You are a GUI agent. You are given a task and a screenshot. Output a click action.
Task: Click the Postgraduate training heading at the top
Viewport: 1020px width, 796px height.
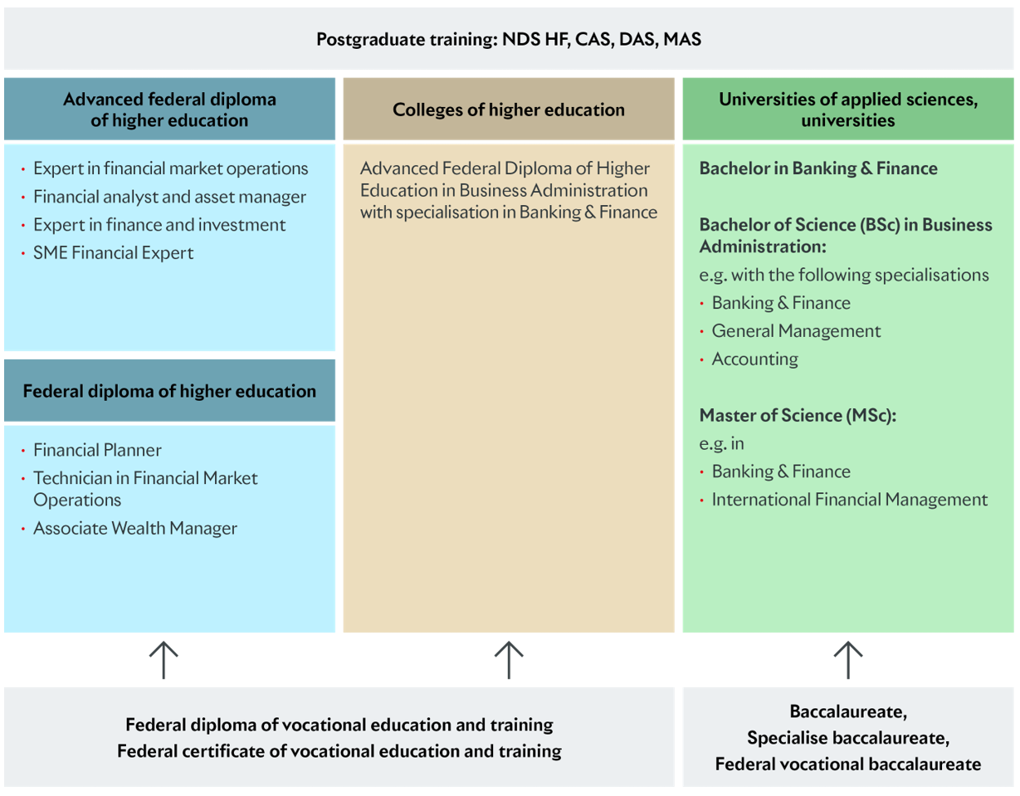pyautogui.click(x=509, y=39)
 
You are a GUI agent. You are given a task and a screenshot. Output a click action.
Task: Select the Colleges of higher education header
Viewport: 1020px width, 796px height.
pyautogui.click(x=508, y=110)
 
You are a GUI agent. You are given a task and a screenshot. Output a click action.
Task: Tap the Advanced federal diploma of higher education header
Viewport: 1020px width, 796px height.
pyautogui.click(x=170, y=110)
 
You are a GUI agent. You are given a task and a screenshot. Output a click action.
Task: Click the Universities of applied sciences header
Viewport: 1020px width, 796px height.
pyautogui.click(x=847, y=110)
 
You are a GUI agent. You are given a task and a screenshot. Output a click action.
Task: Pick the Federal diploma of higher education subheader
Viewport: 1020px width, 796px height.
pyautogui.click(x=170, y=390)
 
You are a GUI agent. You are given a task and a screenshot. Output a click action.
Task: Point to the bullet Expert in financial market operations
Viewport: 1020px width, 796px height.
pyautogui.click(x=170, y=169)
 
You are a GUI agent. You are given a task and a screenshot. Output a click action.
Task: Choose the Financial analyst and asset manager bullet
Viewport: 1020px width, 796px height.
pyautogui.click(x=164, y=198)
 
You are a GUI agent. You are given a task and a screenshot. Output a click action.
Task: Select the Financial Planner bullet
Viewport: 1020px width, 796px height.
pyautogui.click(x=97, y=451)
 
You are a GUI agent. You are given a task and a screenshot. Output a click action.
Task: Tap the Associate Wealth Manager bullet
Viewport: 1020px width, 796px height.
pyautogui.click(x=135, y=528)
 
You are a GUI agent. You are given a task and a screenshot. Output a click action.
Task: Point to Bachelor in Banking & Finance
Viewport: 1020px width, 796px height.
pyautogui.click(x=819, y=168)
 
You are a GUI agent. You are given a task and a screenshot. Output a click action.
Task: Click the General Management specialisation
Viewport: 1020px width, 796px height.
pyautogui.click(x=796, y=331)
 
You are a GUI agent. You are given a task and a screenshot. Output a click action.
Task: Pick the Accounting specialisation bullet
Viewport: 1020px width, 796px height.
pyautogui.click(x=754, y=359)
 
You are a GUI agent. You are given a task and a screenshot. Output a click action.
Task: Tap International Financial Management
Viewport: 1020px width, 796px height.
pyautogui.click(x=850, y=500)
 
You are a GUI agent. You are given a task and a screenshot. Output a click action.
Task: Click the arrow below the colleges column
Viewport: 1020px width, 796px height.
pyautogui.click(x=508, y=659)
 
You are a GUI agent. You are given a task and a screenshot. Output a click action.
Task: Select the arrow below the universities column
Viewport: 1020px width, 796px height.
pyautogui.click(x=847, y=659)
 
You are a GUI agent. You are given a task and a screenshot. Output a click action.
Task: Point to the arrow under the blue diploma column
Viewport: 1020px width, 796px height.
pyautogui.click(x=163, y=659)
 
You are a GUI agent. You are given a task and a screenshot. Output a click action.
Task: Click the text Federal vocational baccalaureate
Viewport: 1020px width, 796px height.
pyautogui.click(x=847, y=764)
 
